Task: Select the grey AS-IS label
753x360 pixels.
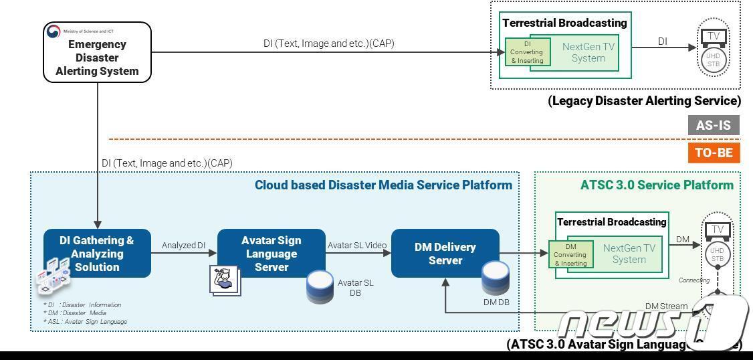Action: click(x=714, y=125)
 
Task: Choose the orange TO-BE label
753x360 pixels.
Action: click(x=714, y=153)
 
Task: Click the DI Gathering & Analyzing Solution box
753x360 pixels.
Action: click(x=97, y=254)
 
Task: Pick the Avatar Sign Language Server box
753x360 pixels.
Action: click(x=271, y=254)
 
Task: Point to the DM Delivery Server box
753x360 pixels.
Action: click(x=445, y=253)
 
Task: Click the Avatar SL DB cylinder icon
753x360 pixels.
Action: click(x=320, y=287)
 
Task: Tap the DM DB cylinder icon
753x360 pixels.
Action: click(x=496, y=278)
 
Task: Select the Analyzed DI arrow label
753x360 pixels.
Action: click(x=183, y=246)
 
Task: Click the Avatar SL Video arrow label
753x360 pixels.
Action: click(x=357, y=246)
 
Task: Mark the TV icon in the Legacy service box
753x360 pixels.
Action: click(x=714, y=36)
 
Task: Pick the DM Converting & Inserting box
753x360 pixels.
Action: click(x=570, y=255)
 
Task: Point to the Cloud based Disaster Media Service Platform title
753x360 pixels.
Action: click(x=383, y=185)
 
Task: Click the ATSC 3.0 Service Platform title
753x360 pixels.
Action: click(x=657, y=185)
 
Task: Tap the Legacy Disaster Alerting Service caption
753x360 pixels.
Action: click(x=644, y=101)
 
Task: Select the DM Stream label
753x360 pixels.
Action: click(x=666, y=306)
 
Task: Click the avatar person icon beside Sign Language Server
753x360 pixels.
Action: click(x=225, y=279)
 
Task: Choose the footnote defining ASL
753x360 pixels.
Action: click(x=85, y=322)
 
